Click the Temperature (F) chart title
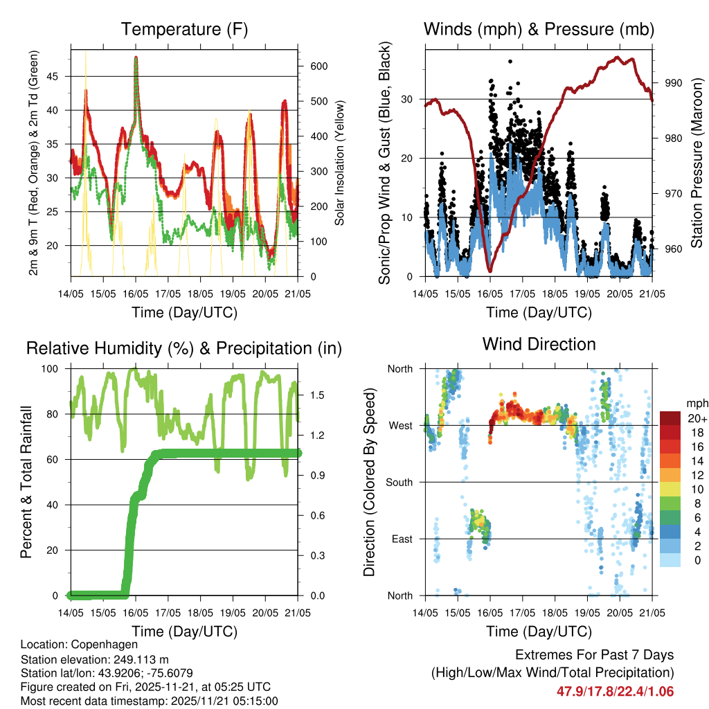click(184, 29)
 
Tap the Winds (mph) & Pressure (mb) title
click(539, 29)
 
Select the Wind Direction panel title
click(539, 344)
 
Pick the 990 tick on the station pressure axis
click(674, 83)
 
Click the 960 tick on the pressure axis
click(674, 249)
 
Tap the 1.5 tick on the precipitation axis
click(318, 395)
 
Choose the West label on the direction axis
click(400, 425)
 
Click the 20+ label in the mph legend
click(697, 418)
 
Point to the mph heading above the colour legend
click(697, 403)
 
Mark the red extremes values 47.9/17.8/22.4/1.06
click(615, 691)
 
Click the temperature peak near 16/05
click(136, 57)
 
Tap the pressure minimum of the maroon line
click(490, 271)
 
